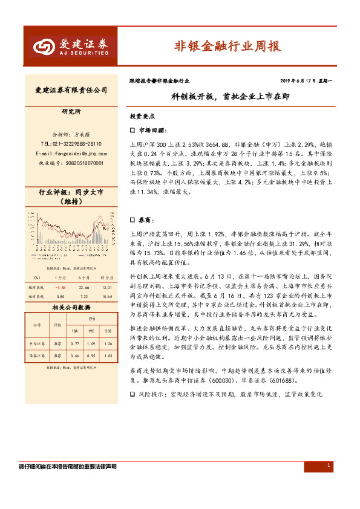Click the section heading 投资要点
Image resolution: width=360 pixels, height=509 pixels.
click(142, 115)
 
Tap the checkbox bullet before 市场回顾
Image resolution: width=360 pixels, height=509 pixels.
click(133, 130)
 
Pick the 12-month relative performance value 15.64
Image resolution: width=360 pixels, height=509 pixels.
click(107, 297)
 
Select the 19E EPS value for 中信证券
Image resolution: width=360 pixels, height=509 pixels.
click(91, 344)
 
